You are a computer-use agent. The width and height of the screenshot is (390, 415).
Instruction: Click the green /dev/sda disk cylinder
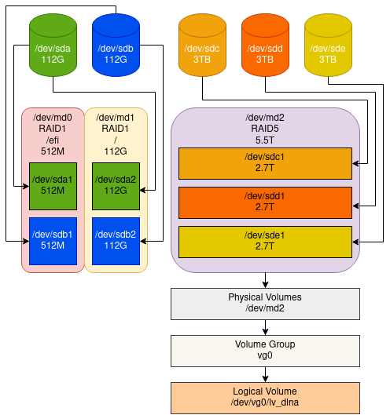[x=53, y=46]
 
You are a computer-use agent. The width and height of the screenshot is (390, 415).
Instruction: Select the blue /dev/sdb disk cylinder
[x=116, y=46]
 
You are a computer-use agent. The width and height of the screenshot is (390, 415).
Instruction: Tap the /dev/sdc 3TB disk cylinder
[x=202, y=46]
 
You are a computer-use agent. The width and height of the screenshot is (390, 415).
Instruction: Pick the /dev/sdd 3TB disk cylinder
[x=265, y=46]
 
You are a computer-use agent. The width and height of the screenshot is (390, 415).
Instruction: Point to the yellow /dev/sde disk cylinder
[x=328, y=46]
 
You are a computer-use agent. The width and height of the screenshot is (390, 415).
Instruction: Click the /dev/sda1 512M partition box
[x=53, y=187]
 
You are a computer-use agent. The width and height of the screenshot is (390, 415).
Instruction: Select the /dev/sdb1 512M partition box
[x=53, y=241]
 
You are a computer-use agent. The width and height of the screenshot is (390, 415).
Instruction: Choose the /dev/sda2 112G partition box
[x=116, y=187]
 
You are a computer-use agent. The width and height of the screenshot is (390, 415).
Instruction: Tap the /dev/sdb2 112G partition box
[x=116, y=241]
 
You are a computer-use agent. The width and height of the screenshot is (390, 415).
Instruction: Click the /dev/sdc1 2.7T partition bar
[x=265, y=163]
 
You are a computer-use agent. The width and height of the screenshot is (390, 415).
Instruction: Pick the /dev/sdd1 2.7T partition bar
[x=265, y=202]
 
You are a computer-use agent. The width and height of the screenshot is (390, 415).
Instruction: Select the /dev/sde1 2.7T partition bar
[x=265, y=242]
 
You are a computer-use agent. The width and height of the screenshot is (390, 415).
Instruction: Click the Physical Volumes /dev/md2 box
[x=265, y=304]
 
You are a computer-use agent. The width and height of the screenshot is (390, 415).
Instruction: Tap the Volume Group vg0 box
[x=265, y=351]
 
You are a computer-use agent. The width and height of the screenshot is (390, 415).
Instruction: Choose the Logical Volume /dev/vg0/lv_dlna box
[x=265, y=398]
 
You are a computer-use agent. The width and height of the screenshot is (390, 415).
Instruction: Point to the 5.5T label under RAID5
[x=265, y=140]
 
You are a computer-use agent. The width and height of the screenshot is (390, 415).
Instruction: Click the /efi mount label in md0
[x=53, y=140]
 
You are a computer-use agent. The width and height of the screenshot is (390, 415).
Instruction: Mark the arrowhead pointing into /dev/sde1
[x=355, y=242]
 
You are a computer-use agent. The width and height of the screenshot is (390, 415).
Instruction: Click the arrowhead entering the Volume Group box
[x=265, y=332]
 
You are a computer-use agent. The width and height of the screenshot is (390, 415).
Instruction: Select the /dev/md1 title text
[x=115, y=118]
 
